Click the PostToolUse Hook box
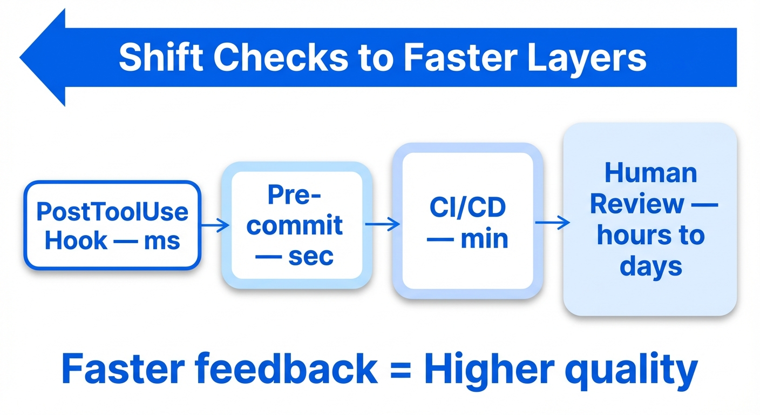click(112, 225)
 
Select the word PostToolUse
click(112, 211)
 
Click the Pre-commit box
click(296, 225)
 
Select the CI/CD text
click(467, 209)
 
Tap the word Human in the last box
click(650, 173)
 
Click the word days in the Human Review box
click(650, 266)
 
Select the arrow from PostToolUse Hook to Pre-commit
click(215, 225)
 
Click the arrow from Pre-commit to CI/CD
click(383, 224)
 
